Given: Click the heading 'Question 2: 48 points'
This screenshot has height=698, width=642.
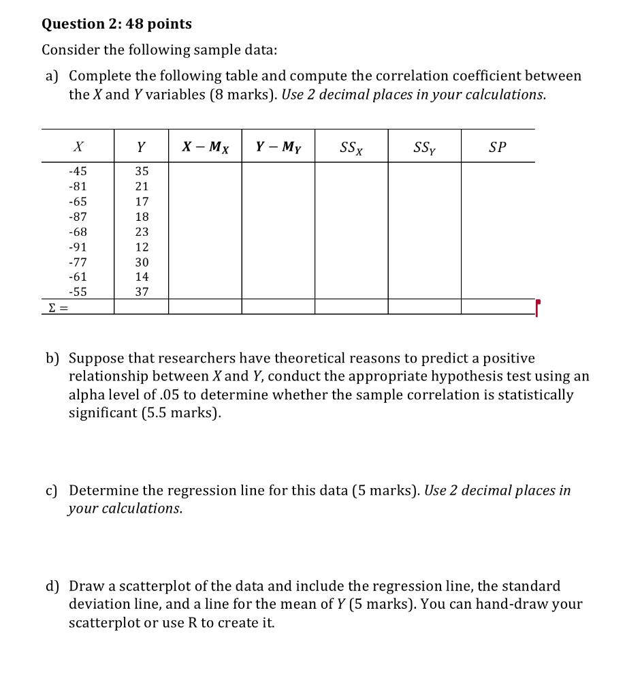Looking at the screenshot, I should pyautogui.click(x=116, y=24).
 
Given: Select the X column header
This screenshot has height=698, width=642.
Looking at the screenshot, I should pyautogui.click(x=78, y=147).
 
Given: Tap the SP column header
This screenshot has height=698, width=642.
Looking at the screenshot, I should pyautogui.click(x=498, y=147).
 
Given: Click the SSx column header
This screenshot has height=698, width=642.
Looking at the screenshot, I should pyautogui.click(x=351, y=147).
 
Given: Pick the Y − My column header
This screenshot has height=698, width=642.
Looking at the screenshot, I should pyautogui.click(x=278, y=147).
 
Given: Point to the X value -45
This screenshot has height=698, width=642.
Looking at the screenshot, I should pyautogui.click(x=78, y=171).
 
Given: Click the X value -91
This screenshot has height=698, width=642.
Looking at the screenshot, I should pyautogui.click(x=78, y=247).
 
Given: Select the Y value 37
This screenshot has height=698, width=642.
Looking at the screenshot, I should pyautogui.click(x=142, y=292).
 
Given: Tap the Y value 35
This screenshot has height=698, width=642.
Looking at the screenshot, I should pyautogui.click(x=142, y=171).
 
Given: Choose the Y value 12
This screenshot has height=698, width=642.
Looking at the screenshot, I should pyautogui.click(x=142, y=247).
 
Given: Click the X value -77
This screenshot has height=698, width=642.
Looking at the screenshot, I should pyautogui.click(x=78, y=262).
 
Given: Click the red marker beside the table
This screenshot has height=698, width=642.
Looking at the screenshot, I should pyautogui.click(x=538, y=306).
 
